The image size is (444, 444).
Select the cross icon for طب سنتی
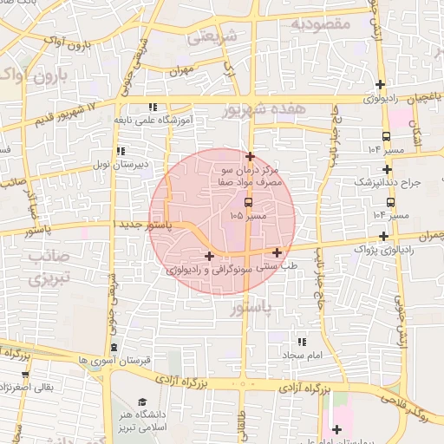[277, 252]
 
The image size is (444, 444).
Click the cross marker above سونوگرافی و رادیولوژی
[209, 256]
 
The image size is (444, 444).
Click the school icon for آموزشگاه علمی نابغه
[153, 107]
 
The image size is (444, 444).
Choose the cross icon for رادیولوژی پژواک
[383, 236]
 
